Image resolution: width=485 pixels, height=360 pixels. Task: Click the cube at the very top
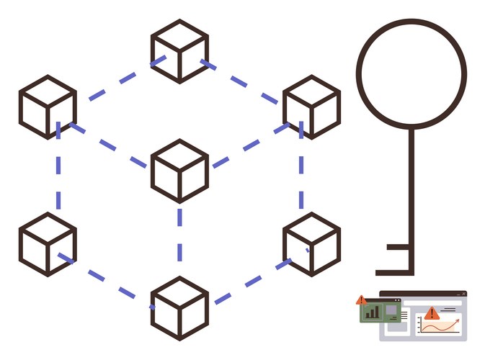click(179, 51)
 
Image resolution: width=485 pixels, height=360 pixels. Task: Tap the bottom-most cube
click(179, 308)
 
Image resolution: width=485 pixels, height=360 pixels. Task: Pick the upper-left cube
click(48, 107)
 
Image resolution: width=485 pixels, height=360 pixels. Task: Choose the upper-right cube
click(311, 107)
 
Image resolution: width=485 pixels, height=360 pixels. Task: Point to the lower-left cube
click(48, 244)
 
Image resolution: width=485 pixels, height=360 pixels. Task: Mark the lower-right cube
click(311, 244)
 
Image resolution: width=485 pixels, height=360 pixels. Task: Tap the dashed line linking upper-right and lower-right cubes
click(301, 176)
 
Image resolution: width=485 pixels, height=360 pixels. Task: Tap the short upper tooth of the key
click(399, 247)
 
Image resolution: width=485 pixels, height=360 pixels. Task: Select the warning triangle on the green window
click(361, 300)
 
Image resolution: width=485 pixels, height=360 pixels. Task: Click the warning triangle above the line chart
click(432, 312)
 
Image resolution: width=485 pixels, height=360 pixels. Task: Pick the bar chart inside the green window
click(373, 312)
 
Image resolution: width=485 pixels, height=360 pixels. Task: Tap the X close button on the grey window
click(464, 294)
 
